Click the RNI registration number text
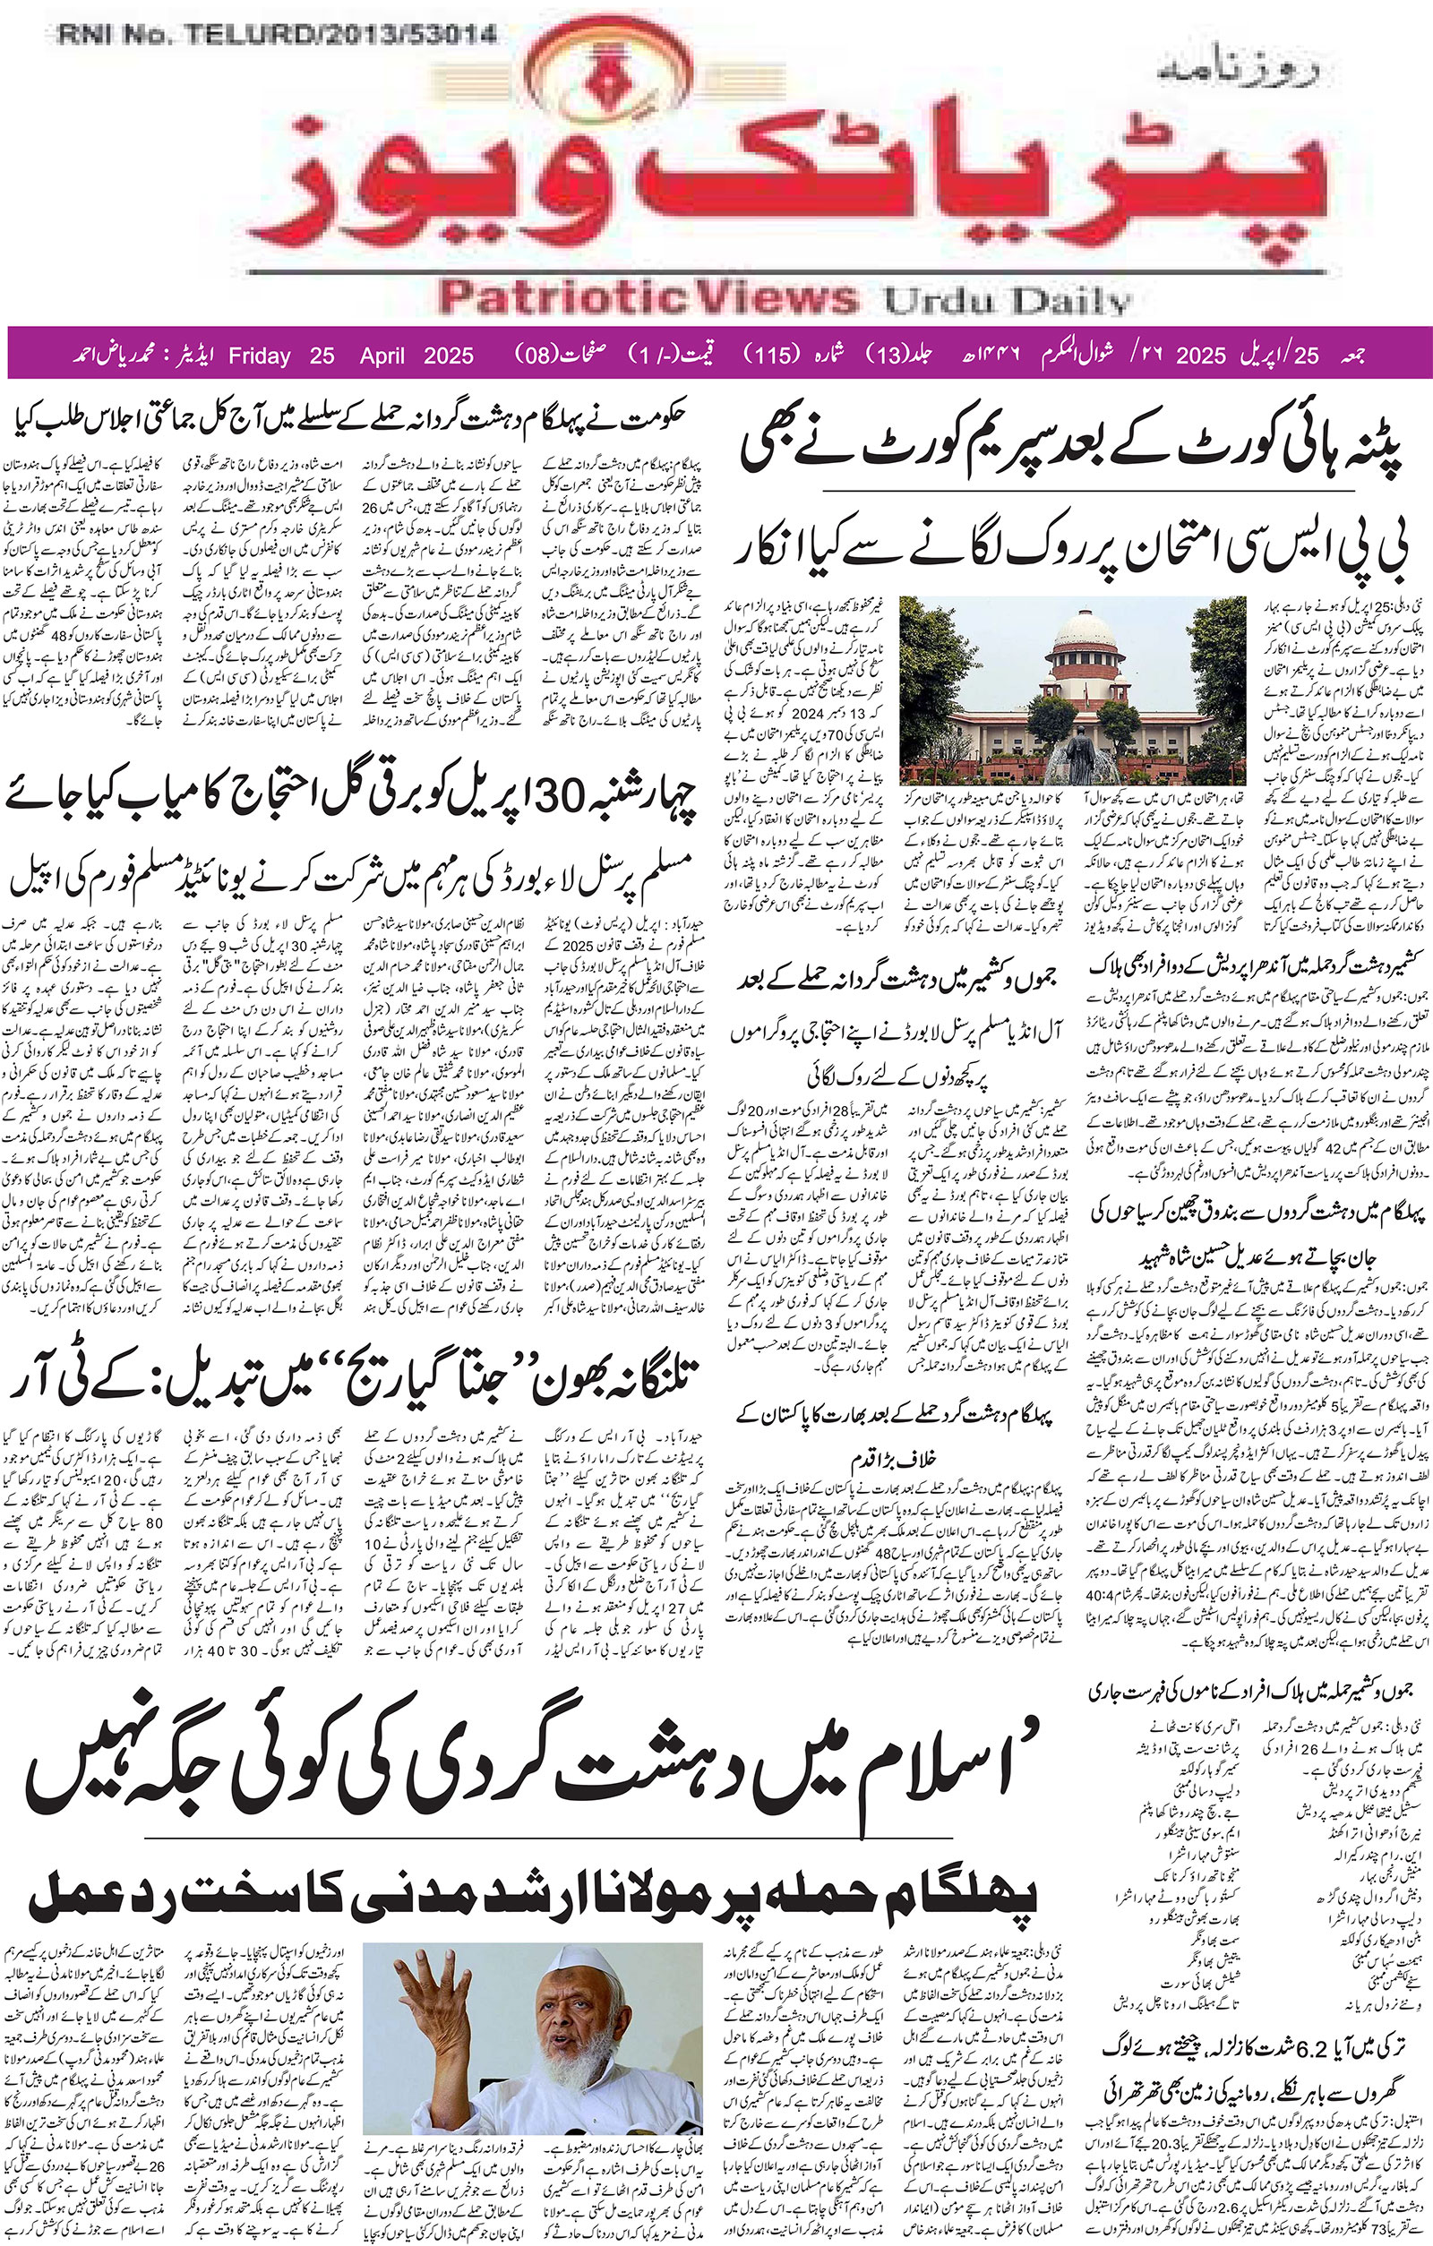pyautogui.click(x=277, y=35)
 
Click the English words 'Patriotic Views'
pyautogui.click(x=647, y=299)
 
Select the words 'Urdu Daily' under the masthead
pyautogui.click(x=1008, y=301)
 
